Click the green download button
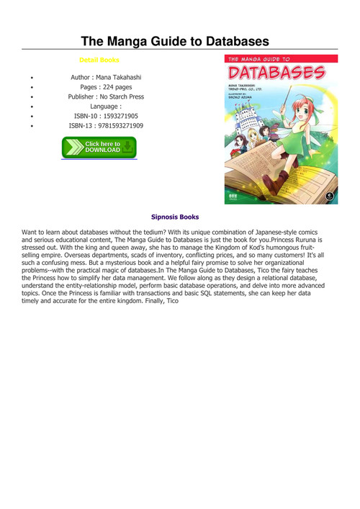click(99, 148)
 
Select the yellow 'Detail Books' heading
click(99, 60)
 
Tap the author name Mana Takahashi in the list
click(118, 76)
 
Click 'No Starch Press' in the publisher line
click(122, 96)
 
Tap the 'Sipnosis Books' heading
click(175, 216)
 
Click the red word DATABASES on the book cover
click(276, 73)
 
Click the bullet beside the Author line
click(32, 76)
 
